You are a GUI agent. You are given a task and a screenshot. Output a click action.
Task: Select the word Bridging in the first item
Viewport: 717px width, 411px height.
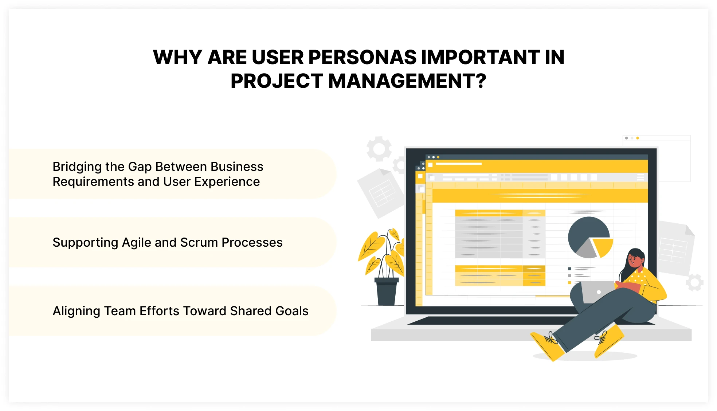click(77, 167)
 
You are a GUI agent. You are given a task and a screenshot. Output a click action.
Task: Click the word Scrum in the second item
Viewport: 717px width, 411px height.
click(199, 243)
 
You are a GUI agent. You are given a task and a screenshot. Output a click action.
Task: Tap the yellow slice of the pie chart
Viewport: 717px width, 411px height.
click(603, 247)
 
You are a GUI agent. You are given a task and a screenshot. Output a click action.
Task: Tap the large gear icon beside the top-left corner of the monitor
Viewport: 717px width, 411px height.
click(379, 149)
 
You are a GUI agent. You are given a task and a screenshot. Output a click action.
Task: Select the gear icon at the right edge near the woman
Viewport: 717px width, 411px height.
click(694, 282)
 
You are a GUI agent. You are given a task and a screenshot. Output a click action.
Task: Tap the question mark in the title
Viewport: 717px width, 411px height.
click(481, 81)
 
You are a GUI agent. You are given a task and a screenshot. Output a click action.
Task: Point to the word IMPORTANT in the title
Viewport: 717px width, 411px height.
click(480, 57)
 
